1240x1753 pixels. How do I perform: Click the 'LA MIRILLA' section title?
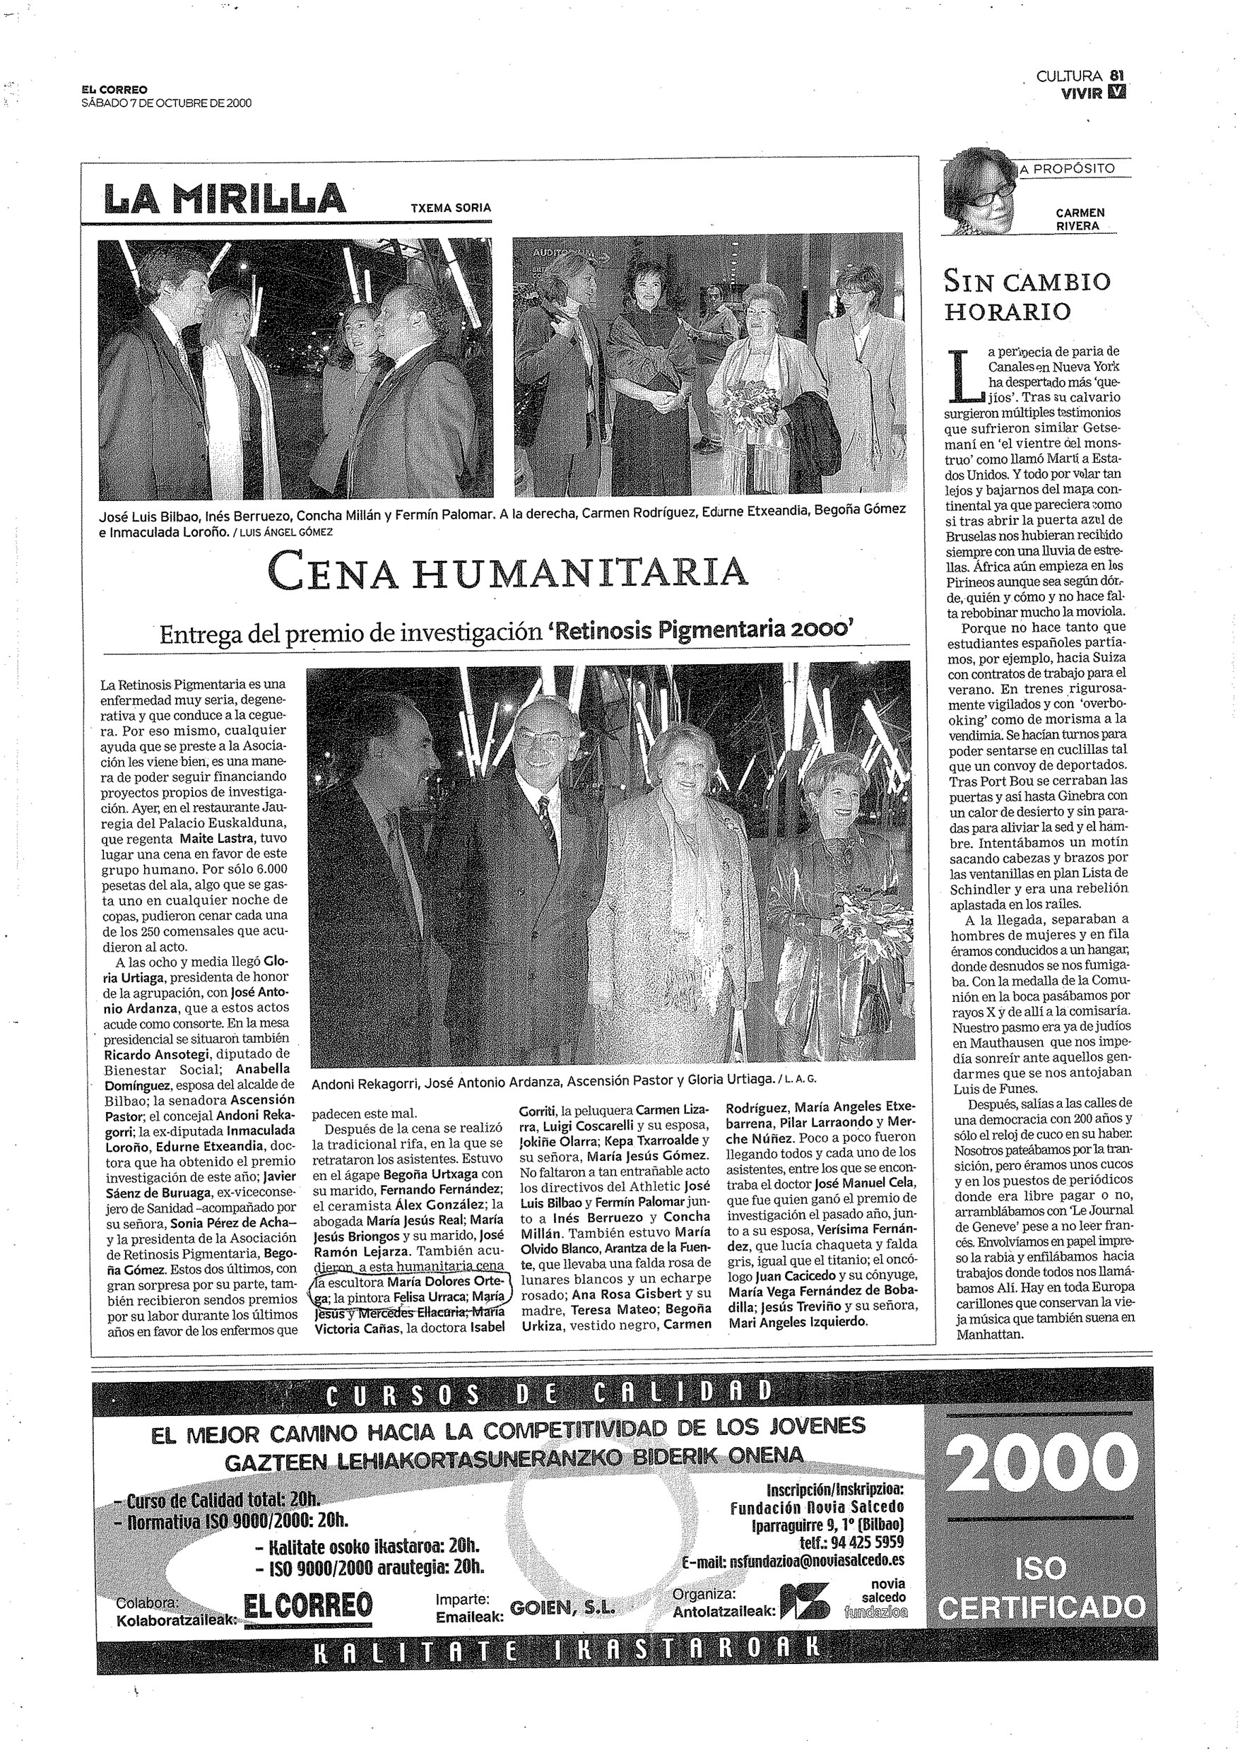pos(225,199)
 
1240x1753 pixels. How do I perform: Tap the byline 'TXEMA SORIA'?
pos(451,207)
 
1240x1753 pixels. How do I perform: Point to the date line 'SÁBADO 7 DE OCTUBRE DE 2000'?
pos(167,104)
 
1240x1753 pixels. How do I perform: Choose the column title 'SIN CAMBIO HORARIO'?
pos(1027,296)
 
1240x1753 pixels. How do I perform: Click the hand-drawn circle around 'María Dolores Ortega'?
pos(408,1297)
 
